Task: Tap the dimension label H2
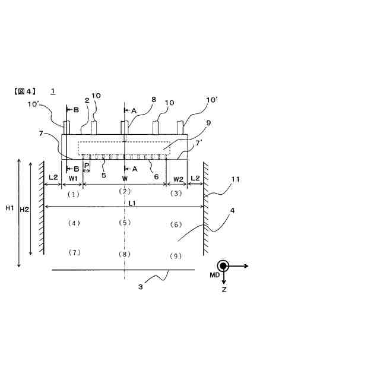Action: click(24, 209)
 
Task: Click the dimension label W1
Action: click(73, 178)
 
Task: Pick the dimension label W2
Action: click(178, 178)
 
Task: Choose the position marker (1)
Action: click(73, 194)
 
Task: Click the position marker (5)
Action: click(124, 223)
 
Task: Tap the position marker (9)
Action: click(175, 256)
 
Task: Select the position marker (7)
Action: click(73, 253)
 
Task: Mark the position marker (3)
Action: click(176, 194)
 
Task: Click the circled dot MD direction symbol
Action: click(224, 267)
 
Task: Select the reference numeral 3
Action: click(141, 286)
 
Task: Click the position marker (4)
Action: click(73, 223)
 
